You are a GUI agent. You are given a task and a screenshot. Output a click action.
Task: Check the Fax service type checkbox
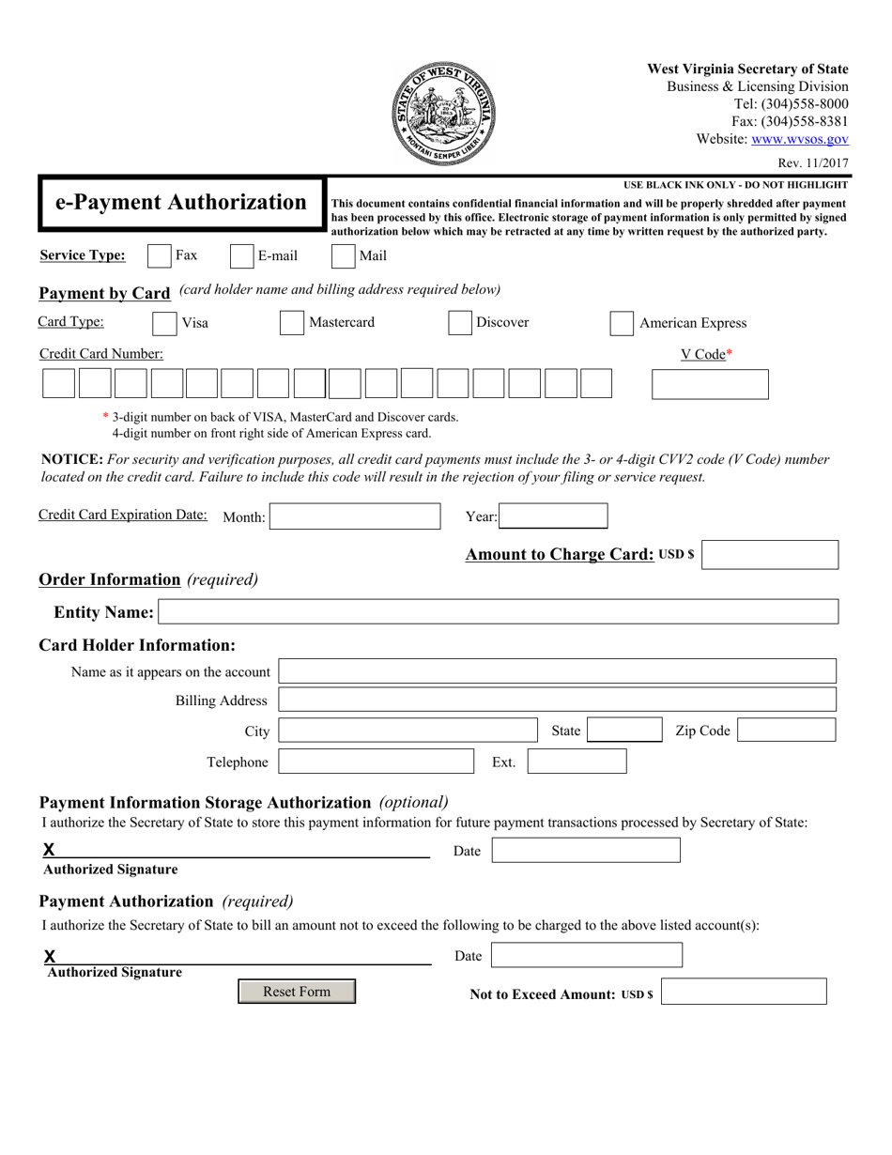tap(161, 256)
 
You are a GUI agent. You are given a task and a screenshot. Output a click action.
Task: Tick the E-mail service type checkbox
tap(242, 256)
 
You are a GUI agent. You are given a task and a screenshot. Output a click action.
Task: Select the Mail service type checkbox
tap(345, 256)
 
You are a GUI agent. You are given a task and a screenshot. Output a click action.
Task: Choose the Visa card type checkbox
tap(164, 323)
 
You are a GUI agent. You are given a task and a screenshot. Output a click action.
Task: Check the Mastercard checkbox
tap(292, 323)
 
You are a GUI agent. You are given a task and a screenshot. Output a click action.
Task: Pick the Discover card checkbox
tap(459, 323)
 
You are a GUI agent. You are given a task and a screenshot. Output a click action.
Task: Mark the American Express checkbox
tap(622, 323)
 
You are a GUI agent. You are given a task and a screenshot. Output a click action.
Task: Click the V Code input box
tap(709, 385)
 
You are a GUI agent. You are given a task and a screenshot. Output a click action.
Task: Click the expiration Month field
tap(356, 516)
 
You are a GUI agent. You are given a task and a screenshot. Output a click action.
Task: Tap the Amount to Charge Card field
tap(770, 555)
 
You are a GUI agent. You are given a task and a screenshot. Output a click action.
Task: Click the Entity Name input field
tap(499, 612)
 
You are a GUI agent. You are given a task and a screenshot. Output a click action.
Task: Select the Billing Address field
tap(557, 700)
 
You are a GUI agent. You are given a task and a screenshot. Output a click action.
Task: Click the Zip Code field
tap(786, 731)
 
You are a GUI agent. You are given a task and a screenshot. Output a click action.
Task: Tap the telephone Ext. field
tap(577, 762)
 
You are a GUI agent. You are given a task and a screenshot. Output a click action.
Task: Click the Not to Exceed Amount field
tap(744, 992)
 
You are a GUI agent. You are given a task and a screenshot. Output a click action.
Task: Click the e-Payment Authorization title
tap(181, 203)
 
